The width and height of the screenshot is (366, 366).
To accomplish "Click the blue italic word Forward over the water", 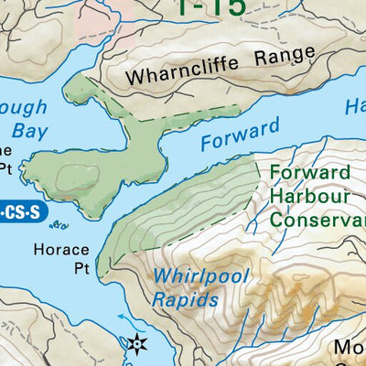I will pyautogui.click(x=237, y=135).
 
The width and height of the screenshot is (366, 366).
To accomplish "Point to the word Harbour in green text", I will pyautogui.click(x=310, y=195).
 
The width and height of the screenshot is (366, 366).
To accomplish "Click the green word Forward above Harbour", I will pyautogui.click(x=310, y=173).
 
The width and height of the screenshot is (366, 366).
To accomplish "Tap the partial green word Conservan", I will pyautogui.click(x=317, y=218).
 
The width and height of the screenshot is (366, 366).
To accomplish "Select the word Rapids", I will pyautogui.click(x=187, y=298).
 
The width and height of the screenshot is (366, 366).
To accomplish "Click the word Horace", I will pyautogui.click(x=62, y=249).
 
